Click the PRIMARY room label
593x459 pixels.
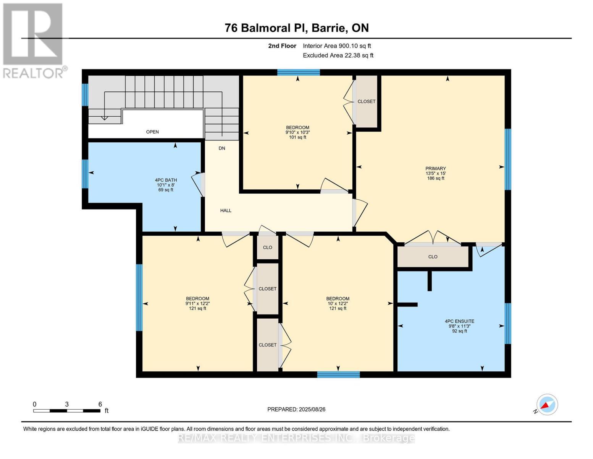[x=436, y=168]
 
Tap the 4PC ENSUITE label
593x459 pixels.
[x=460, y=321]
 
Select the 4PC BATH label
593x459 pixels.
[x=166, y=180]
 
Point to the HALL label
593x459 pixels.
[x=226, y=210]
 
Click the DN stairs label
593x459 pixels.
[x=222, y=148]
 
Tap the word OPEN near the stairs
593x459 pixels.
[x=152, y=132]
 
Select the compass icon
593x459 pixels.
[x=547, y=405]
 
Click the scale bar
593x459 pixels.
[x=67, y=410]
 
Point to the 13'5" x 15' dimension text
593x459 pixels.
[x=436, y=173]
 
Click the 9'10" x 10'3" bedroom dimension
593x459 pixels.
[x=297, y=132]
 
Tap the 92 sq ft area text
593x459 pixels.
[x=460, y=331]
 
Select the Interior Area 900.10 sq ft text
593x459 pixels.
[x=337, y=46]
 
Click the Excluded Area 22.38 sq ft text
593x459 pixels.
[x=338, y=55]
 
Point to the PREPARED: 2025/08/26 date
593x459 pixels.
[x=296, y=409]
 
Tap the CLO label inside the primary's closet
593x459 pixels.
[x=433, y=257]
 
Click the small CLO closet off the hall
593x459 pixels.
[x=267, y=247]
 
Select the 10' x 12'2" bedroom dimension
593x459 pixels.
[x=338, y=303]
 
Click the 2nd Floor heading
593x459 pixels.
[x=282, y=46]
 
